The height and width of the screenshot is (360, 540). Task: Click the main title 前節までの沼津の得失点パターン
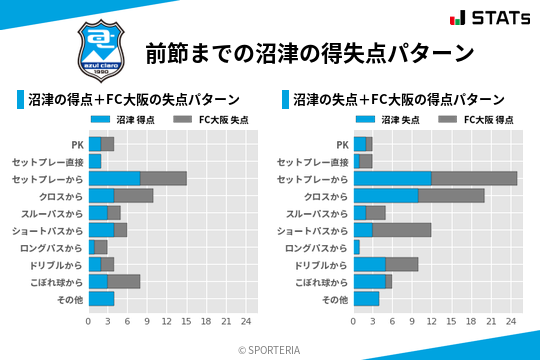309,52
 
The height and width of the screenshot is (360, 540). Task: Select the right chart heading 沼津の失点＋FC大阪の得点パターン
398,100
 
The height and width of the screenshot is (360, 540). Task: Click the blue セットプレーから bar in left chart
114,178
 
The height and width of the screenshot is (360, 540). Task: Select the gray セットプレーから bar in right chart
474,178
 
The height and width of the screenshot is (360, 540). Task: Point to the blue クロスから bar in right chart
386,195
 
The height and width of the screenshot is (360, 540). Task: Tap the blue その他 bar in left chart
101,299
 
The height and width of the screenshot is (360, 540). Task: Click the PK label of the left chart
77,144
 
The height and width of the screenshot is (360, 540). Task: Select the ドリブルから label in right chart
324,265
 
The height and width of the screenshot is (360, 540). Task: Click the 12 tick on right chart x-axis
432,322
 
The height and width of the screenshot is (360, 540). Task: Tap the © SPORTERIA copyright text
270,349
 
